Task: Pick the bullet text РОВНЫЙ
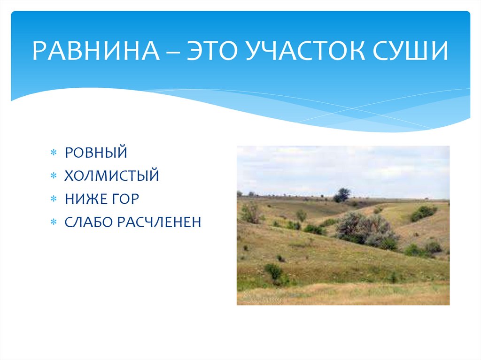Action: pyautogui.click(x=96, y=153)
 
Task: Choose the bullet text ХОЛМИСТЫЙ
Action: pyautogui.click(x=112, y=176)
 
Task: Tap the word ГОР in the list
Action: pyautogui.click(x=125, y=199)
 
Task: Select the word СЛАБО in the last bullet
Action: pyautogui.click(x=90, y=222)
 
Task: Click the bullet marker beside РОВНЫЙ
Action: pyautogui.click(x=54, y=153)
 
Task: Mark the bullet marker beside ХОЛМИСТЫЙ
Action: pyautogui.click(x=54, y=176)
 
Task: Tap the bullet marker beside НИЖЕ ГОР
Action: pyautogui.click(x=54, y=199)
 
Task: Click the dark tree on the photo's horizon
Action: pyautogui.click(x=342, y=195)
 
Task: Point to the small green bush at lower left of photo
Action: pyautogui.click(x=273, y=271)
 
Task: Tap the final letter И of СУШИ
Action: pyautogui.click(x=440, y=52)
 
